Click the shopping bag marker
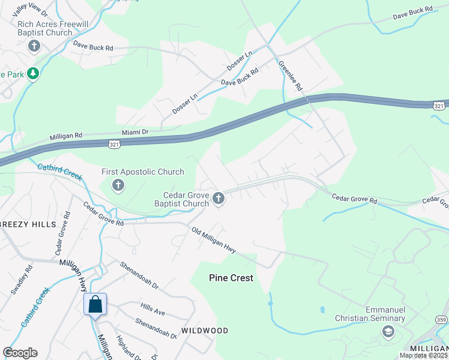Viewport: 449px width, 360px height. pos(95,304)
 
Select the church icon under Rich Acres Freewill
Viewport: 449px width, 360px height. pos(34,46)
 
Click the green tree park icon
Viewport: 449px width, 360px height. pos(34,74)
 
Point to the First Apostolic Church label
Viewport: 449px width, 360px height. pos(143,172)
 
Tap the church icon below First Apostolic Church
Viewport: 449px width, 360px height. pos(118,186)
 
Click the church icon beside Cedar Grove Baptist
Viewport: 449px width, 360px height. pos(219,199)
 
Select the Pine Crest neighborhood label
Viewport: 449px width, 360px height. pos(231,278)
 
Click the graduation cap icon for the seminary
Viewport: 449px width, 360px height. pos(388,331)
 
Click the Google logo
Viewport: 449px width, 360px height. pos(20,352)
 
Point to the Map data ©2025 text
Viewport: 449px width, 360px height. pos(423,355)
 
